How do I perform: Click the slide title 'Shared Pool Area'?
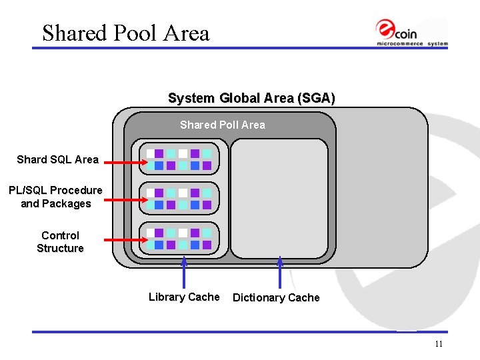[125, 33]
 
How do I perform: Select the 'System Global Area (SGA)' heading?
[251, 99]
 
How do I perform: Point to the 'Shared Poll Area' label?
[222, 125]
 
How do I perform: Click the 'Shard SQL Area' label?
[57, 159]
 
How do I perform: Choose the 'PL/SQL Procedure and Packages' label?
[55, 197]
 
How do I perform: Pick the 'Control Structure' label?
[60, 241]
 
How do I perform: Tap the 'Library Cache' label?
[183, 297]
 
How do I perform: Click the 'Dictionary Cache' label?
[276, 298]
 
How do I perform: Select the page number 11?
[438, 344]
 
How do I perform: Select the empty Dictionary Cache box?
[279, 198]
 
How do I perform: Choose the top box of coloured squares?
[179, 159]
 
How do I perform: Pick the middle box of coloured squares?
[179, 199]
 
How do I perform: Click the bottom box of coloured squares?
[179, 239]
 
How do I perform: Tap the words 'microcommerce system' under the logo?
[412, 44]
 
